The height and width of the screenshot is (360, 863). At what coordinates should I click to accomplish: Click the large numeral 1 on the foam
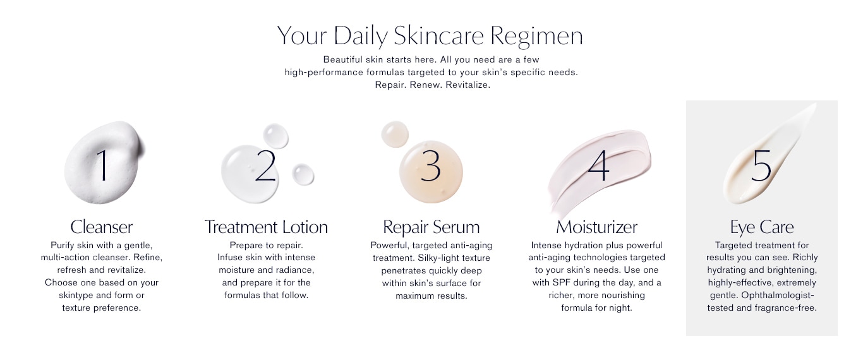tap(102, 165)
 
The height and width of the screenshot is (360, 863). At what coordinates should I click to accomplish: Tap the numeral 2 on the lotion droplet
tap(266, 165)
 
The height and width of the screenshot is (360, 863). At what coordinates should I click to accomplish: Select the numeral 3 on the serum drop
tap(431, 165)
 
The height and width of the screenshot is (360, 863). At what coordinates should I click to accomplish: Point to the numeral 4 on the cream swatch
tap(599, 165)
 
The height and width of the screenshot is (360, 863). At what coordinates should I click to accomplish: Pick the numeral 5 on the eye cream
tap(761, 165)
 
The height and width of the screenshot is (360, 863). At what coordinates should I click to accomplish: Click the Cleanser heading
tap(101, 227)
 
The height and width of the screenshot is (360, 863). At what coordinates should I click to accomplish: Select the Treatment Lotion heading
tap(266, 227)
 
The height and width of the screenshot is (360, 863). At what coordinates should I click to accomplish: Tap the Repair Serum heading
tap(431, 227)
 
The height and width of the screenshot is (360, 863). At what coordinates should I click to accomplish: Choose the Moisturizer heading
tap(596, 227)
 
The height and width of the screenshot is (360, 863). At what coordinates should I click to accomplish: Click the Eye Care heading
tap(762, 227)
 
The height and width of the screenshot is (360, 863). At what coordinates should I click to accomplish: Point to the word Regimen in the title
tap(536, 36)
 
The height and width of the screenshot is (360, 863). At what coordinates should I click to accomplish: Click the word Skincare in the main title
tap(438, 35)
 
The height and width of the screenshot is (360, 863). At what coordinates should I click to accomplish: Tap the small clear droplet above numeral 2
tap(275, 136)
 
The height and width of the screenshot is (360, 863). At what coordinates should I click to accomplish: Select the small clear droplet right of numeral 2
tap(303, 174)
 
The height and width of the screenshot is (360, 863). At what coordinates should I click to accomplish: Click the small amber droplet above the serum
tap(395, 134)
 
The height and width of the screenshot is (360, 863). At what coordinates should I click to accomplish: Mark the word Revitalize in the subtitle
tap(468, 85)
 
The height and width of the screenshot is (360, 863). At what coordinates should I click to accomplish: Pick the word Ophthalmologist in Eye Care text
tap(778, 296)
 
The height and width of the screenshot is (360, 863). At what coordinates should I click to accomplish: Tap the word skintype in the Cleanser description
tap(76, 296)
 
